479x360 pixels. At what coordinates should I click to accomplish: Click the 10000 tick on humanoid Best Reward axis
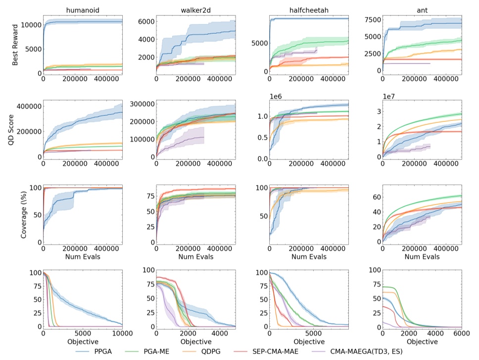(x=30, y=24)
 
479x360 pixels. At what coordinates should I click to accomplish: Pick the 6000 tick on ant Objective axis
(x=461, y=333)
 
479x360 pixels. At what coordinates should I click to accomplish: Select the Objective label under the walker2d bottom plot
(x=195, y=342)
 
